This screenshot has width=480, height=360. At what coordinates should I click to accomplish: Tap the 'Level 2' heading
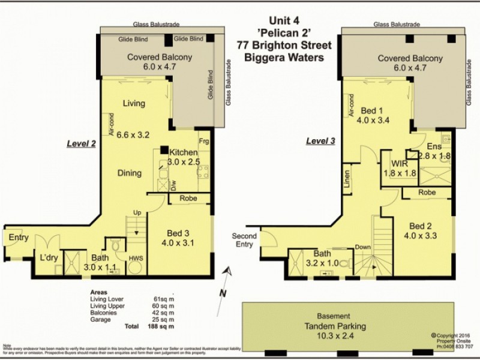tap(81, 144)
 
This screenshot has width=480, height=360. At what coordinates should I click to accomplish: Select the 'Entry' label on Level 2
tap(19, 238)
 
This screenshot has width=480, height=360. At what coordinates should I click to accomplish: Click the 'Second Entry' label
tap(244, 240)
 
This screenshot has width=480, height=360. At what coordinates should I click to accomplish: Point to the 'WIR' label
tap(400, 163)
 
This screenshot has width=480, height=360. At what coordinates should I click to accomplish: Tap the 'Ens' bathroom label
tap(434, 146)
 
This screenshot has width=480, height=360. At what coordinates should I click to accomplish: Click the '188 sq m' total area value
tap(160, 326)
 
